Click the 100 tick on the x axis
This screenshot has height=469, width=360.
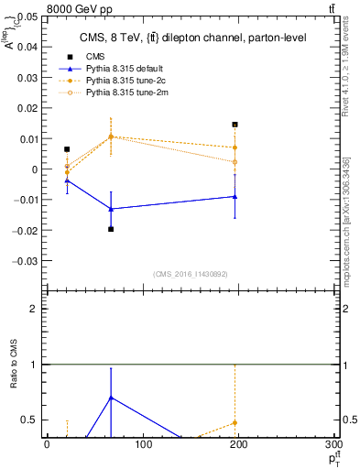point(142,445)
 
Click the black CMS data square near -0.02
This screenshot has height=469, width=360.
point(111,229)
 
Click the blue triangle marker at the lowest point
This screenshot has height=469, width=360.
point(111,209)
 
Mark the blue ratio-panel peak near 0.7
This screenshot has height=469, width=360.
point(111,398)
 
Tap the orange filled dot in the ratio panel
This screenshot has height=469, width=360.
point(235,422)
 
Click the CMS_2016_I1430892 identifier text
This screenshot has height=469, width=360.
point(191,274)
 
